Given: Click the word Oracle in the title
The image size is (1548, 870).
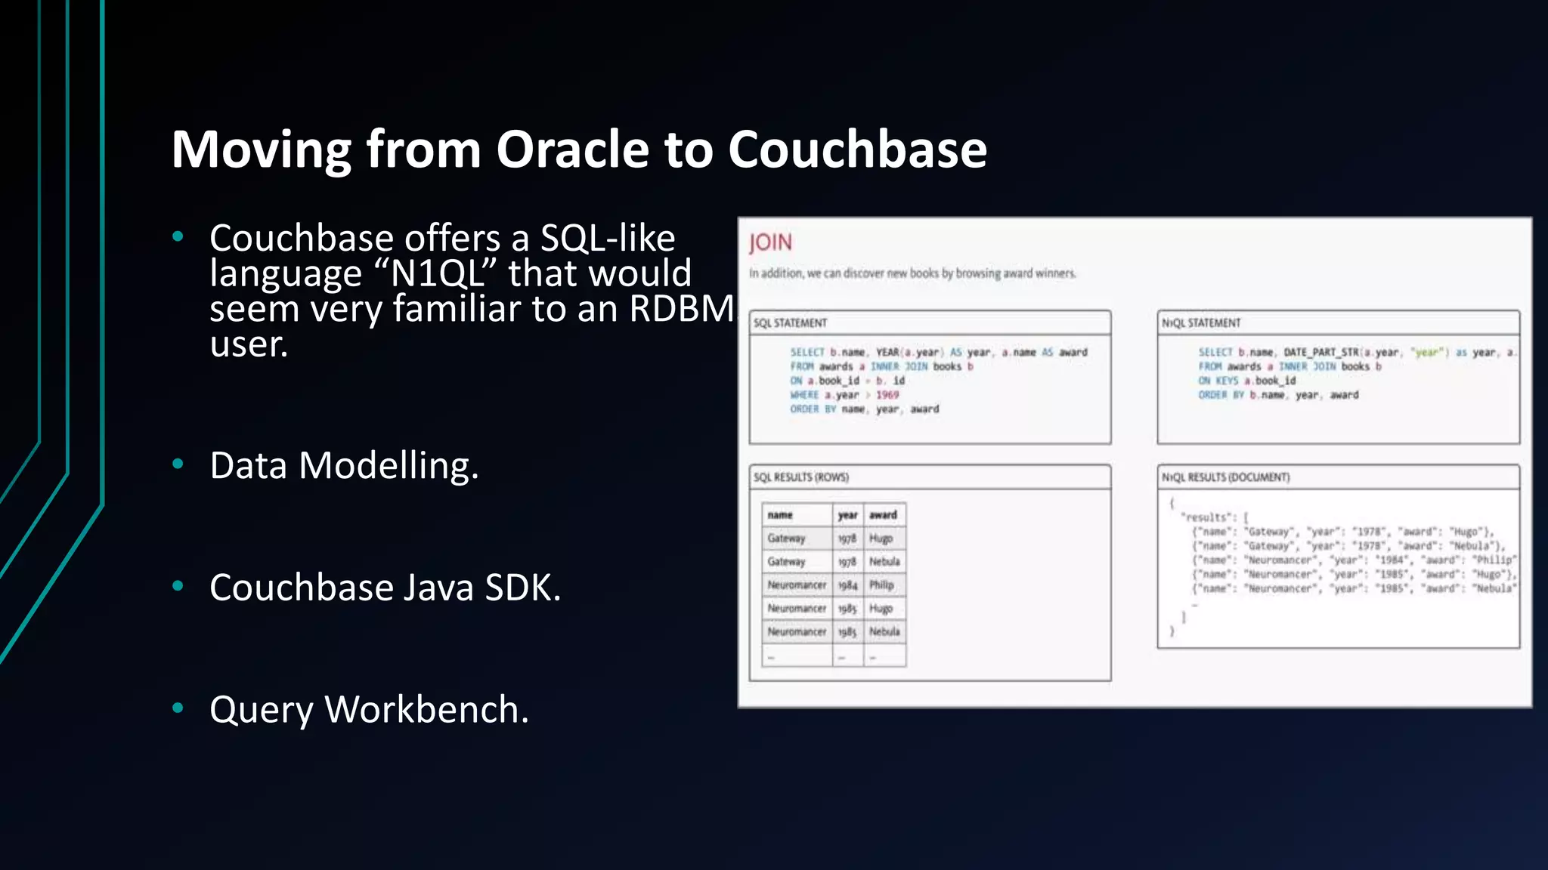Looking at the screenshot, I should (572, 149).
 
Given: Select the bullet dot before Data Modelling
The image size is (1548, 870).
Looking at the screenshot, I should (178, 464).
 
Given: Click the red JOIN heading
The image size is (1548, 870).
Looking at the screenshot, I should (770, 242).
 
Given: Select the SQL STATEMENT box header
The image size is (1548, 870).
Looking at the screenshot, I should (790, 323).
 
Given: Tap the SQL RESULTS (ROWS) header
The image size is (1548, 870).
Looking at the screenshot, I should (800, 477).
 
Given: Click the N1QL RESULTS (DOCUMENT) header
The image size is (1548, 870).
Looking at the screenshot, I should (1225, 477).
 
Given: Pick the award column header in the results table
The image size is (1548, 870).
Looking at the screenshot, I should (882, 515).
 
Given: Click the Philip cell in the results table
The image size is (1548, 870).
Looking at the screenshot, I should (881, 585).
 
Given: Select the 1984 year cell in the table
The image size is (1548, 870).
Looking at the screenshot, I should (847, 585).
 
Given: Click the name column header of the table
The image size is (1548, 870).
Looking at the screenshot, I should (780, 515).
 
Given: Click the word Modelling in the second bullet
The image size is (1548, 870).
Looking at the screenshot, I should (388, 465).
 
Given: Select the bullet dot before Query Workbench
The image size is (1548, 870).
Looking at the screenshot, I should (178, 708).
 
